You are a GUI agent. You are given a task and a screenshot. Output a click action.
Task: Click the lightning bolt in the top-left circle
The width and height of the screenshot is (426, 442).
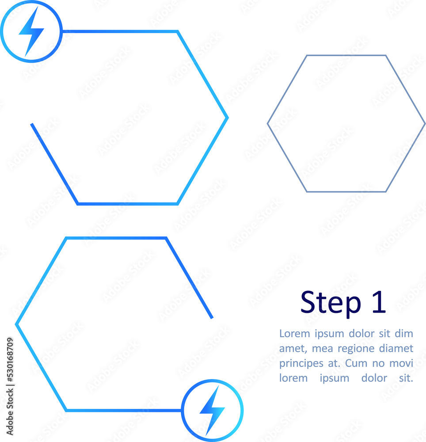31,31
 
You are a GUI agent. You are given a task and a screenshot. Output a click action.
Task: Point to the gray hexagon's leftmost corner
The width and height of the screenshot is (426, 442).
268,124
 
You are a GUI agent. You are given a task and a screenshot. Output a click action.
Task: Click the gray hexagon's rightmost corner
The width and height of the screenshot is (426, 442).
425,124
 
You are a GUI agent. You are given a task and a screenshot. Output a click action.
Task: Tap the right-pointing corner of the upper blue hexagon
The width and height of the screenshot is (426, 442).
227,118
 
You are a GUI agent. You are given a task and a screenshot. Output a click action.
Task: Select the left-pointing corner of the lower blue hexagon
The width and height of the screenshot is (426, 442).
17,324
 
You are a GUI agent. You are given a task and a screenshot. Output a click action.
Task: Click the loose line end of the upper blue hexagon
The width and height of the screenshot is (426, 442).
32,124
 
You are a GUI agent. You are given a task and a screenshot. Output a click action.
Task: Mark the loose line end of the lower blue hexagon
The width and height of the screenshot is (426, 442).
212,317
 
